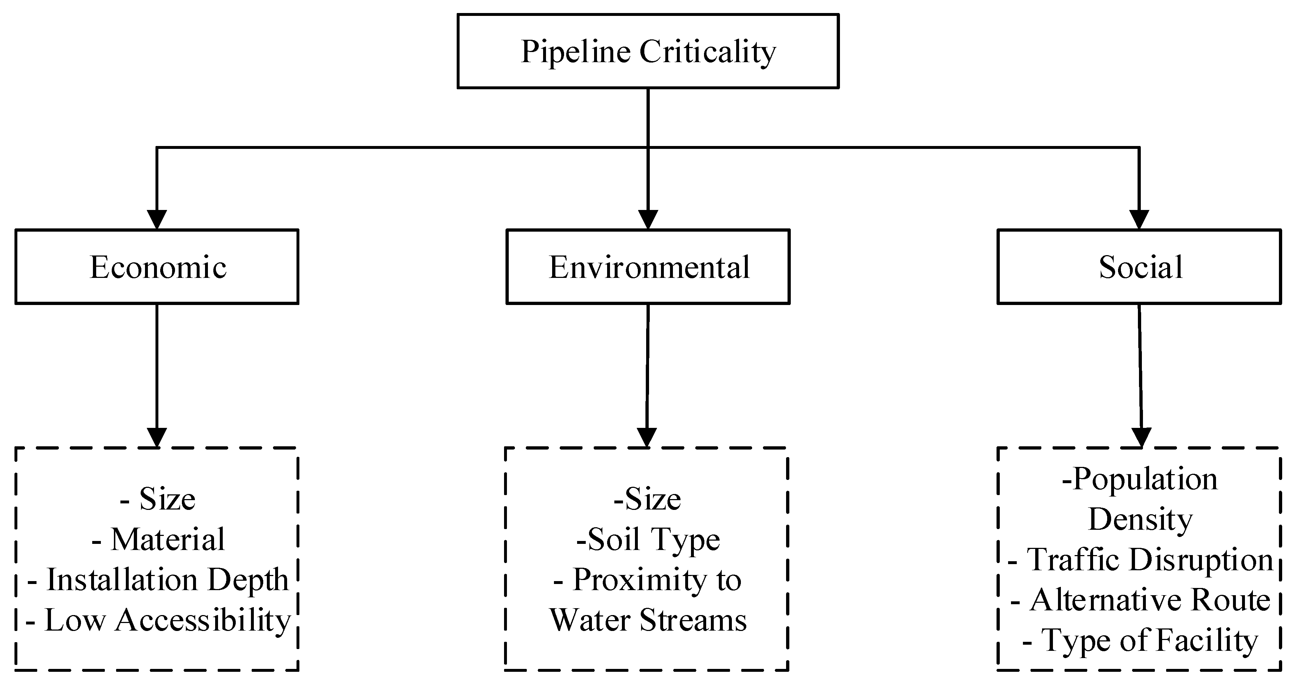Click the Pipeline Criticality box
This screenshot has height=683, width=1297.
(x=648, y=51)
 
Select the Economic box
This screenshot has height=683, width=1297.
(x=157, y=267)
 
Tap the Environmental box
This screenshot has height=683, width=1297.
(x=648, y=267)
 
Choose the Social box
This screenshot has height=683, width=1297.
(x=1139, y=267)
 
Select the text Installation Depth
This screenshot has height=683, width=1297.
(x=167, y=580)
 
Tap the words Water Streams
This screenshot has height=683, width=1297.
(x=648, y=620)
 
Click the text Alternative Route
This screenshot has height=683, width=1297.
(x=1150, y=600)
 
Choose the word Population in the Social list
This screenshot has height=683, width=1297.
(x=1145, y=479)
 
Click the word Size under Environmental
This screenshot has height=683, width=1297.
(x=653, y=499)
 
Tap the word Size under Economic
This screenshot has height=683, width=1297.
(x=167, y=499)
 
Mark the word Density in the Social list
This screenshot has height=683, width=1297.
(x=1140, y=519)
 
